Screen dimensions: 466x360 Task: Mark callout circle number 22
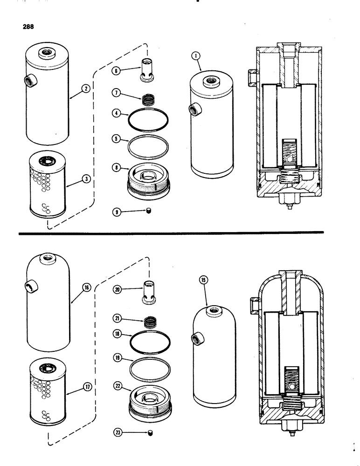[117, 386]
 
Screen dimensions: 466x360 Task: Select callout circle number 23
[117, 433]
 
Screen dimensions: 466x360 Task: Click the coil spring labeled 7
[148, 99]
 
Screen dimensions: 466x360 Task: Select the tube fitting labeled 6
[148, 70]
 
